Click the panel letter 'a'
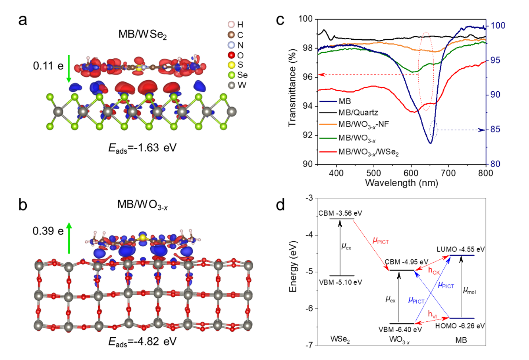(23, 20)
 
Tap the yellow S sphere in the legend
(231, 65)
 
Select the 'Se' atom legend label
(242, 75)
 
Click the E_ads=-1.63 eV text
(142, 148)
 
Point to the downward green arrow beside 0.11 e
(69, 68)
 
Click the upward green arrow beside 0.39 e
(69, 238)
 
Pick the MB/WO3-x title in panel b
(142, 204)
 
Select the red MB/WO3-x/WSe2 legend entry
(368, 152)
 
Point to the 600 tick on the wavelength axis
(411, 173)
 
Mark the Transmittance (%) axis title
(292, 88)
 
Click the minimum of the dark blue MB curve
(430, 143)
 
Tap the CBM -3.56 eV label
(340, 213)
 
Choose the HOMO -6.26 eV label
(460, 326)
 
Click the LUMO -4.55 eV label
(460, 249)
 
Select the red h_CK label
(434, 271)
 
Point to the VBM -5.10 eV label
(340, 282)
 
